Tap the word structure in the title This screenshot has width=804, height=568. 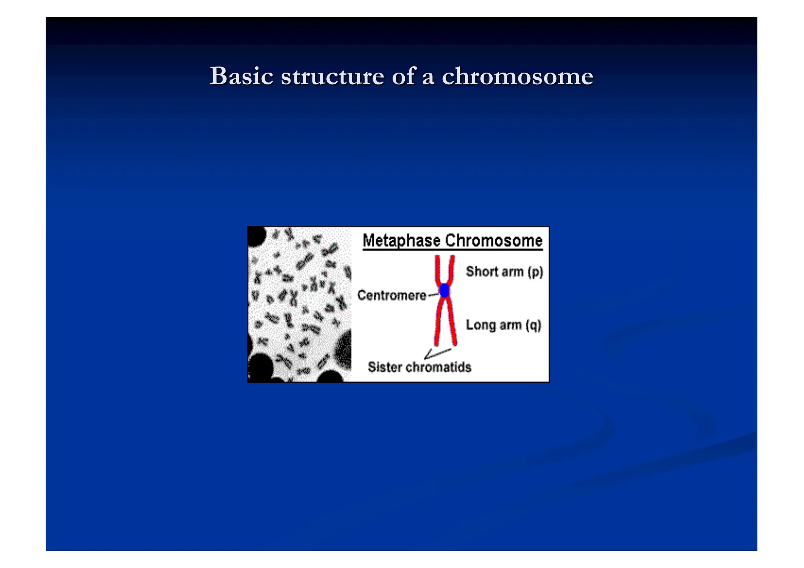click(333, 76)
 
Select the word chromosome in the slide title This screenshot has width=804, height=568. click(517, 76)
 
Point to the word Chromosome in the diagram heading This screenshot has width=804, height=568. click(493, 241)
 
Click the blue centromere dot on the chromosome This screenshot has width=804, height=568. click(444, 290)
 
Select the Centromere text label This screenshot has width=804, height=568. click(392, 295)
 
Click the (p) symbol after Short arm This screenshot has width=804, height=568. click(535, 272)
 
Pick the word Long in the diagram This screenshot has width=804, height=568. click(480, 325)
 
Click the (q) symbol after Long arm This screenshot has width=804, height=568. click(534, 325)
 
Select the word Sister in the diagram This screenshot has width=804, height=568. click(385, 367)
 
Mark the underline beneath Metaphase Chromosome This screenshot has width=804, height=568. click(452, 250)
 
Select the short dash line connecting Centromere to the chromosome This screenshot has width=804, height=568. click(433, 294)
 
